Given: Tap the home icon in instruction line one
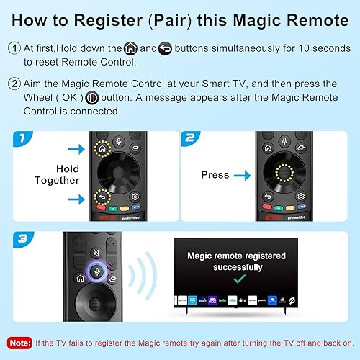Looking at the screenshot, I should tap(130, 49).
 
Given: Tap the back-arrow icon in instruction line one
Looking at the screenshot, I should tap(165, 49).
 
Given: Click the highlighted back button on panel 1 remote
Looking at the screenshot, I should tap(102, 195).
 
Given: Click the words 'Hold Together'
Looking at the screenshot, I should tap(56, 174).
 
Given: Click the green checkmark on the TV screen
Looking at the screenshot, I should tap(236, 277).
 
